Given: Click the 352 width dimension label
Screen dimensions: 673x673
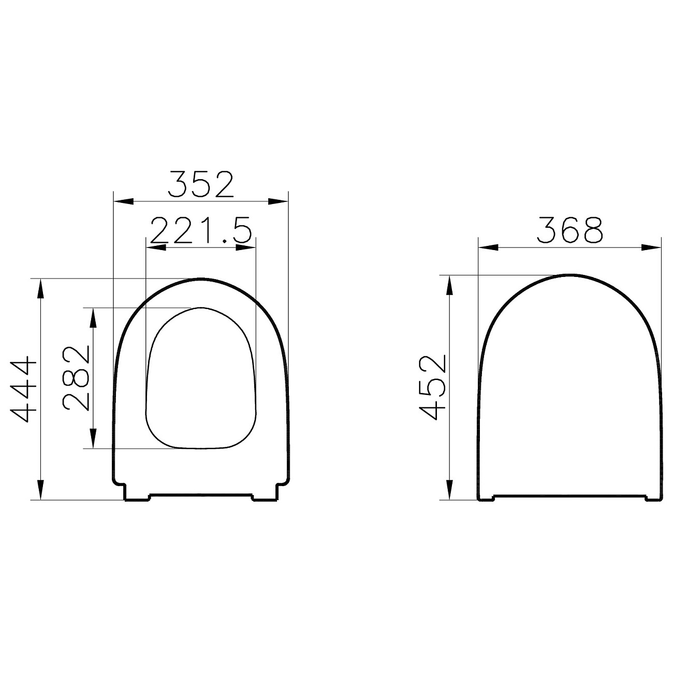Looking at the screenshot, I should tap(202, 184).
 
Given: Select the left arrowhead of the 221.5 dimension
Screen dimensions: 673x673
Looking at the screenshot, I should tap(156, 248).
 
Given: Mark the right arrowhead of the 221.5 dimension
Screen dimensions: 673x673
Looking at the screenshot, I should tap(246, 248).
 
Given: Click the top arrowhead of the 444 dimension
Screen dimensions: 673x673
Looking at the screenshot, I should tap(40, 288).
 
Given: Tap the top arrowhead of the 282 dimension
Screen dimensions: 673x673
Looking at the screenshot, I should tap(93, 317).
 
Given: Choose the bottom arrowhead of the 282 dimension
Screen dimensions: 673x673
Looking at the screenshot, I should tap(93, 438).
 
